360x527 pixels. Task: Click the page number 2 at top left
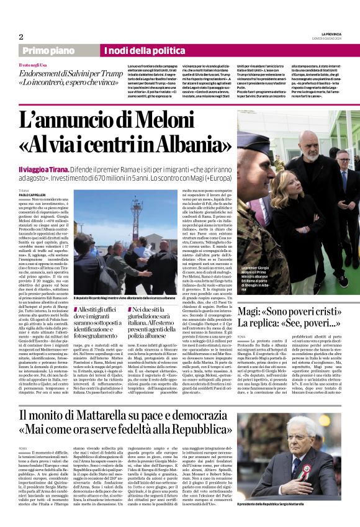(21, 37)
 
